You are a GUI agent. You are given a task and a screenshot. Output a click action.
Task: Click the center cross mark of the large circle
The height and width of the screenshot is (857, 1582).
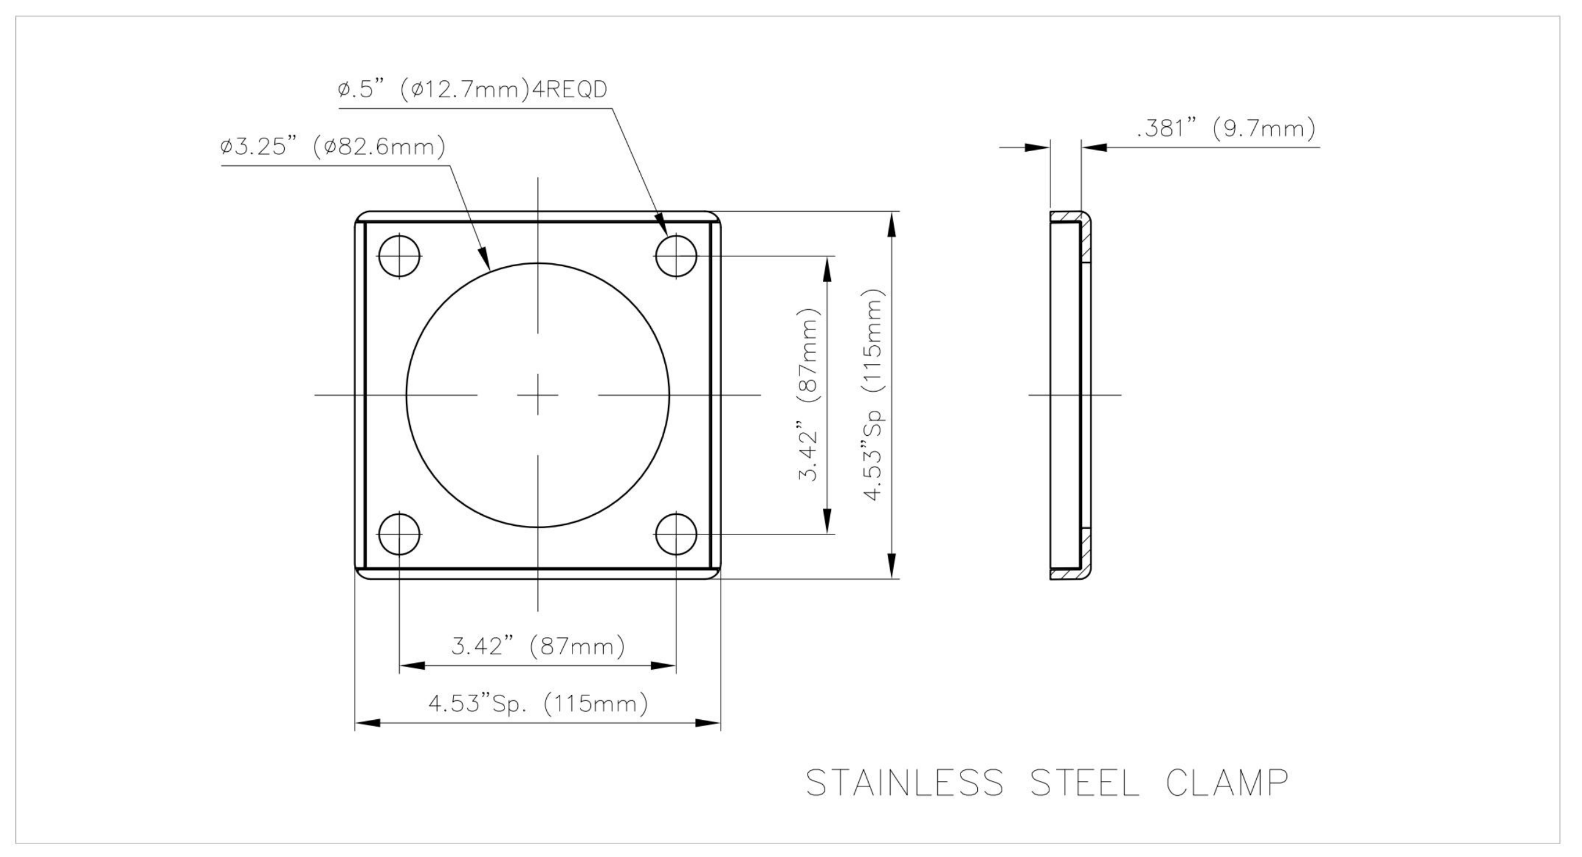click(538, 395)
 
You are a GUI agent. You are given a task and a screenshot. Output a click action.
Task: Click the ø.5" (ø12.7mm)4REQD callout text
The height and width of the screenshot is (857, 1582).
click(472, 89)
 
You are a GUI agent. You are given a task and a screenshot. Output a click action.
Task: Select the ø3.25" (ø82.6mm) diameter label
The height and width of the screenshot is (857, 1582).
click(333, 148)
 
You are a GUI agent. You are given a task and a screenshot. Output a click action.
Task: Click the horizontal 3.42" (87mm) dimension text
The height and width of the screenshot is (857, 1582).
click(538, 646)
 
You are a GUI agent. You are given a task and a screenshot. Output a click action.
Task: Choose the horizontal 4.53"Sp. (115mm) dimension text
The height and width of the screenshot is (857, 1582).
click(538, 703)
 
